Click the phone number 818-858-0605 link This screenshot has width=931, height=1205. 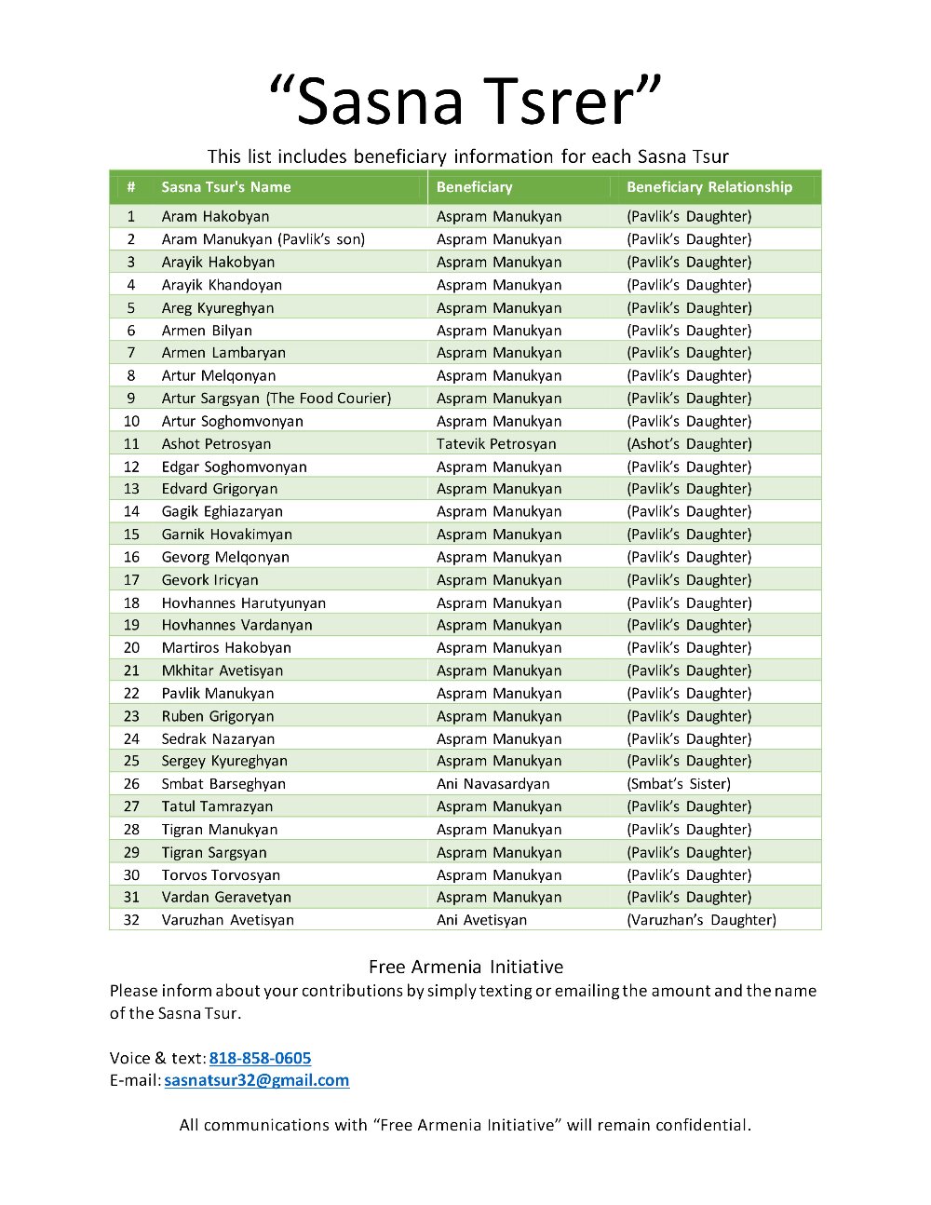[260, 1058]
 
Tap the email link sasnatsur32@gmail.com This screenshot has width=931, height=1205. [256, 1080]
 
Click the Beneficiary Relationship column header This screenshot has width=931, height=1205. [708, 187]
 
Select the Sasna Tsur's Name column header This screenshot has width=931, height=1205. [225, 187]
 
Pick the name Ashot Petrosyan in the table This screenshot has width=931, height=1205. [216, 444]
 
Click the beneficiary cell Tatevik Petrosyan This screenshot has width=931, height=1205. [495, 444]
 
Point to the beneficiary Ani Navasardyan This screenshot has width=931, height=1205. [492, 784]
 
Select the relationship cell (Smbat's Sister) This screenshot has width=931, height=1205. [678, 784]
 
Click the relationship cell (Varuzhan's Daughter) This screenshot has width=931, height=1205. [700, 920]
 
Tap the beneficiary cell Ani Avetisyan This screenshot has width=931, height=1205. [481, 920]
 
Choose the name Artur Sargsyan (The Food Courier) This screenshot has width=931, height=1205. [276, 399]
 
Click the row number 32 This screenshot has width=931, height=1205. [131, 920]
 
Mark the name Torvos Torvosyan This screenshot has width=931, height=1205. [221, 875]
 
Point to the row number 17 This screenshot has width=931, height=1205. [131, 580]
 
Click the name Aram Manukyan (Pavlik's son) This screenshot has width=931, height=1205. [263, 239]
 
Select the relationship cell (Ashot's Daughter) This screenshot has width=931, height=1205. [688, 444]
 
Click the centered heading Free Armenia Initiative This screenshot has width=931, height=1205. [465, 967]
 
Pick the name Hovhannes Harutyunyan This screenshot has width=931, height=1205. [243, 603]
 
